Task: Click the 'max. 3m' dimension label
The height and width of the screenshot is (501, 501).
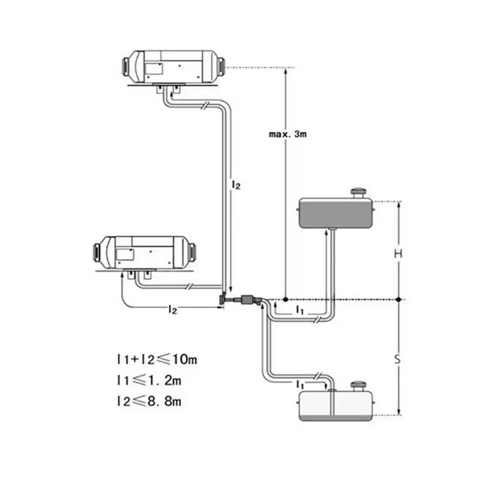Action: tap(287, 134)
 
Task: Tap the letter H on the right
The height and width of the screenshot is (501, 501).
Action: tap(398, 254)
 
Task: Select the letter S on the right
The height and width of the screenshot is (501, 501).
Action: tap(397, 359)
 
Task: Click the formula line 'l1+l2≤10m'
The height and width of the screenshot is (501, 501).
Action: tap(157, 359)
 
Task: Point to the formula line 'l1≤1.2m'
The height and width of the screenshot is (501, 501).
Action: tap(149, 381)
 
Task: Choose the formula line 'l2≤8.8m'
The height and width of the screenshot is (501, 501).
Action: tap(149, 401)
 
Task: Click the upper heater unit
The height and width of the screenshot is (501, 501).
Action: tap(174, 67)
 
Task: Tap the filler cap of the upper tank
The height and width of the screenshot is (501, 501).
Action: tap(358, 193)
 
